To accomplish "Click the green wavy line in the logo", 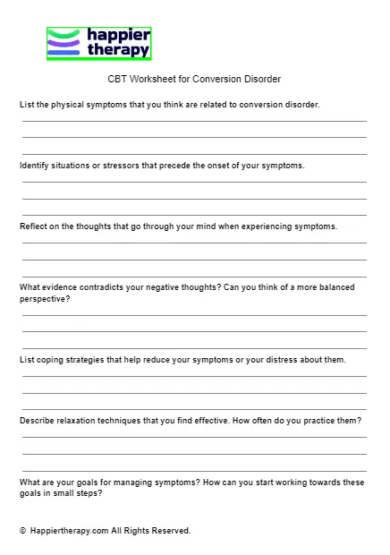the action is (x=63, y=33).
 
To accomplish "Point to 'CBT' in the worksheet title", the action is (x=117, y=79).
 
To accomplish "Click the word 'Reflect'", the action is (x=34, y=226).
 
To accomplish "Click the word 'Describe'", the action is (x=38, y=421).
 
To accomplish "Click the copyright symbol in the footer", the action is (x=22, y=531).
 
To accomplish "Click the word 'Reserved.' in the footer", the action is (x=171, y=531).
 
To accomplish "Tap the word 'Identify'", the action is (x=35, y=166).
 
